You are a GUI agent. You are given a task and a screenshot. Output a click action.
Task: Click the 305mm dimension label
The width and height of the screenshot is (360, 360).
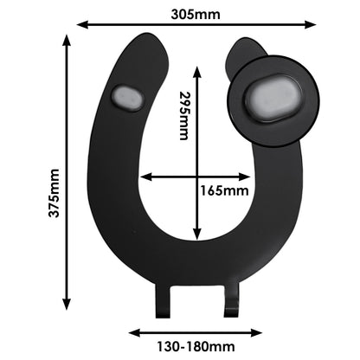[x=196, y=14]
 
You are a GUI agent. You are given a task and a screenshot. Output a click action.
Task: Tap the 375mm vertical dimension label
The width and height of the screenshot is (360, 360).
[x=54, y=193]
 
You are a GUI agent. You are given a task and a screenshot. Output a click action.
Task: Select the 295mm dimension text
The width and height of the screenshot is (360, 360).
[x=183, y=116]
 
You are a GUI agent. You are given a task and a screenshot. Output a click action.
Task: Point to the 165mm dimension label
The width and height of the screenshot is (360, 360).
[x=224, y=190]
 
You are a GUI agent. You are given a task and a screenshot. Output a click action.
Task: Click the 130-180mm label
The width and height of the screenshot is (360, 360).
[x=196, y=346]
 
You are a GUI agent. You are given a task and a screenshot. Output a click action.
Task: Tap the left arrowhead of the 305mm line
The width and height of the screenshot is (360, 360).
[x=82, y=25]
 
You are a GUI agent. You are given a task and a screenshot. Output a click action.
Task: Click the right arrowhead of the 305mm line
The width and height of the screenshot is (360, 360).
[x=311, y=24]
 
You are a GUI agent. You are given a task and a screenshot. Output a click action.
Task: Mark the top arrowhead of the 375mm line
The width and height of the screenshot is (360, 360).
[x=67, y=40]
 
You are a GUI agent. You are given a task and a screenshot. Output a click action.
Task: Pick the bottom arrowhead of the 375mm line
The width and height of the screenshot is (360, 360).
[x=67, y=304]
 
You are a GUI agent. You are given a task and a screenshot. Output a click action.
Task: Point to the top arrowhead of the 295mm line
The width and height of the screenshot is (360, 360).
[x=197, y=72]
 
